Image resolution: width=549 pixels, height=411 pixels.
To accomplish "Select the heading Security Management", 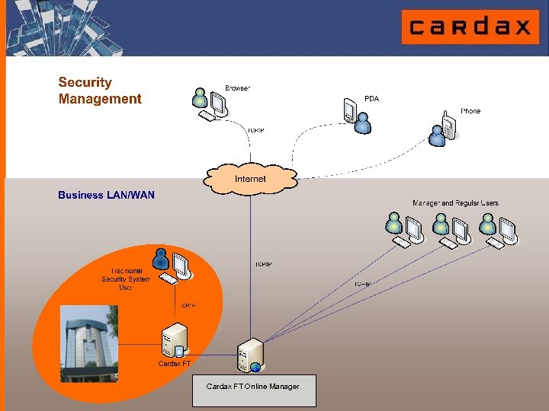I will [x=100, y=91].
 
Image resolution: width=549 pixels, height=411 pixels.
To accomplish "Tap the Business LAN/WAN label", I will [x=106, y=196].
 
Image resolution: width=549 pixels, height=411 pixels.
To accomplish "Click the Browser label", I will [x=237, y=88].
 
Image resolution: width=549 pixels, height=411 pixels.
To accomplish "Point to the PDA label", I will [x=371, y=99].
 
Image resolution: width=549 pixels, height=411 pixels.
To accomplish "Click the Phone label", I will [x=470, y=111].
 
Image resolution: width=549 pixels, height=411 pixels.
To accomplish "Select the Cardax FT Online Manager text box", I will [x=253, y=390].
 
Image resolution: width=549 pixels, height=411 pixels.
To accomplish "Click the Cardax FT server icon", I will [x=175, y=339].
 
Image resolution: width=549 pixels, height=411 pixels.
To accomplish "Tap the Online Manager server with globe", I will [x=251, y=355].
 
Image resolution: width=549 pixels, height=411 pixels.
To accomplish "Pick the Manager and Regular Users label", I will [x=455, y=203].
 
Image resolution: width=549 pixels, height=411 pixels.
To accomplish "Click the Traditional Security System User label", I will [x=126, y=279].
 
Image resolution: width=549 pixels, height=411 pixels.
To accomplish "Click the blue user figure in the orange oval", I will [x=161, y=260].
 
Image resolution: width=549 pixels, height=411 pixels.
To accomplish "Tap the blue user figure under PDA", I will [x=362, y=123].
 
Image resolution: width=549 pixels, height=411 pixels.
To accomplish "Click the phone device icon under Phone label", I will [x=450, y=123].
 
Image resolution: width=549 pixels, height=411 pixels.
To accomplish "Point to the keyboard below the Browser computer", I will [x=207, y=116].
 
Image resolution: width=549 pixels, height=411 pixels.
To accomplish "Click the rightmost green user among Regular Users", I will [x=487, y=223].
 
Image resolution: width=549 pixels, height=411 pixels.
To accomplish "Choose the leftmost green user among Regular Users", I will [x=394, y=223].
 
